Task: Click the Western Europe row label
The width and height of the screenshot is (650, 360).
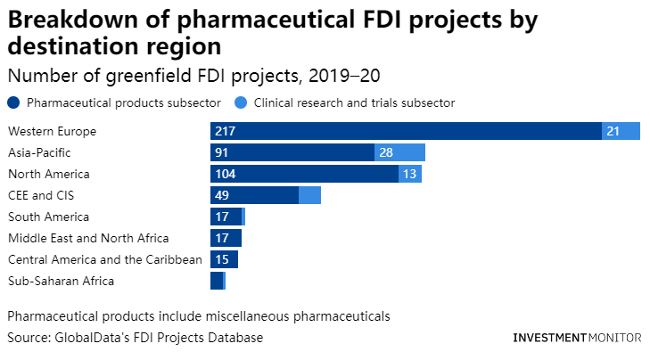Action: [52, 132]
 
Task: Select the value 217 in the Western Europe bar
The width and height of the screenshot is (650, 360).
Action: [225, 132]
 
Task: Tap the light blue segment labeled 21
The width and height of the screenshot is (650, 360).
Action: [621, 132]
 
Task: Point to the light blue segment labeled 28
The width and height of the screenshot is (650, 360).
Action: [399, 153]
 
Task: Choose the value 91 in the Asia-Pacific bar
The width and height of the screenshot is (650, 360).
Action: [221, 153]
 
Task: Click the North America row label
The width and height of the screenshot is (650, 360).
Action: [49, 174]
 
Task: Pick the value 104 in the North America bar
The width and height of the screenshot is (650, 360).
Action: [225, 174]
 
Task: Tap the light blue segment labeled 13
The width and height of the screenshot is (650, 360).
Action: [410, 174]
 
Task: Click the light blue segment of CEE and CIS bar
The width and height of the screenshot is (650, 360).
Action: [309, 195]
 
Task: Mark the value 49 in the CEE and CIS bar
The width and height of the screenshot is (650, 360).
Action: [221, 195]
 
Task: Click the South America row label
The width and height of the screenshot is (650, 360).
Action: [48, 217]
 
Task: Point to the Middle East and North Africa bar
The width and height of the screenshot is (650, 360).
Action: [226, 238]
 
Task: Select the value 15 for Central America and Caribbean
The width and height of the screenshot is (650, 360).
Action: [221, 259]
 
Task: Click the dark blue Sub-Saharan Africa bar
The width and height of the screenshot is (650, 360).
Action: [217, 281]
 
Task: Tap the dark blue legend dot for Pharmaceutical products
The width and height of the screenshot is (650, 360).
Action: [14, 102]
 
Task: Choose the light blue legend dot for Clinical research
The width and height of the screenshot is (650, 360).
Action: [242, 102]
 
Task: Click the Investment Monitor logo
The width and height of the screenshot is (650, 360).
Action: [577, 339]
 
